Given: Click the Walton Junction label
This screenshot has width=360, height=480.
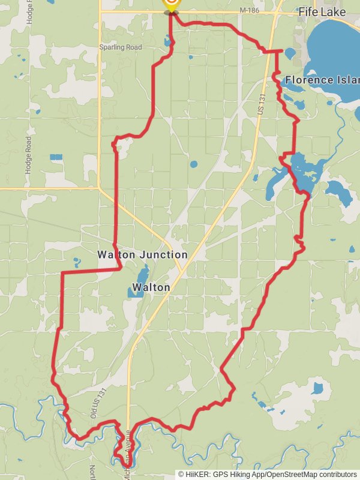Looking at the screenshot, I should (x=143, y=254).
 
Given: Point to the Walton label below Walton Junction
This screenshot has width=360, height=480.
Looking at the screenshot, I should (x=151, y=287).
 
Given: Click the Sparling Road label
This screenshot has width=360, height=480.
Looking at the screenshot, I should (x=121, y=47).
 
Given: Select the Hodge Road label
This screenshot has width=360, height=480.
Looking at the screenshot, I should (x=28, y=155).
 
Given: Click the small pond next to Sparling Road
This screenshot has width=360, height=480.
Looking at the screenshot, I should (x=167, y=42).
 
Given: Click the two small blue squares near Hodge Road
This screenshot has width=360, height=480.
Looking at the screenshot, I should (x=56, y=157).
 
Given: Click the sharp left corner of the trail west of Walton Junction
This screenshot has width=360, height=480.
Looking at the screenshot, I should (x=62, y=273).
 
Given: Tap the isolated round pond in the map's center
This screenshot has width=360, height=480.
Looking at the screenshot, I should (x=194, y=164).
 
